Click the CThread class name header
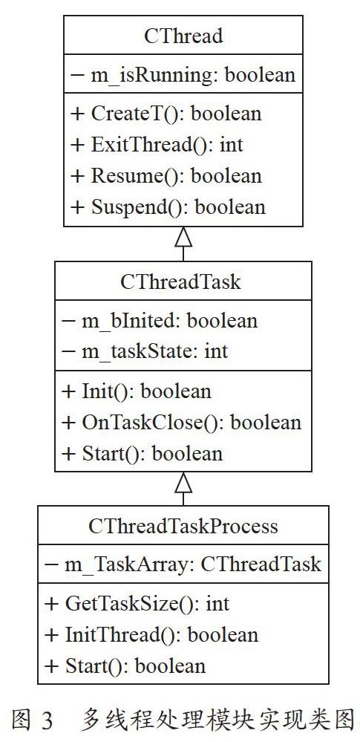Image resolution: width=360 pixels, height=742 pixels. click(183, 36)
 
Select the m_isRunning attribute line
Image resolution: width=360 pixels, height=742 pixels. click(183, 75)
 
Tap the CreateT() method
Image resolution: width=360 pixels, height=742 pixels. click(166, 114)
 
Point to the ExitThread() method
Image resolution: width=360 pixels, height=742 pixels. click(157, 145)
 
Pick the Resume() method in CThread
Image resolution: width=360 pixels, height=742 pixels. click(166, 176)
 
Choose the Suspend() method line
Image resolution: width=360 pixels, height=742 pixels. click(168, 207)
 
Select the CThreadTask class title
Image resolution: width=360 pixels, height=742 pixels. click(180, 281)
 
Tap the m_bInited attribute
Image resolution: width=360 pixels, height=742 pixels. click(160, 321)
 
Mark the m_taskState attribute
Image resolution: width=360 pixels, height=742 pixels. click(145, 351)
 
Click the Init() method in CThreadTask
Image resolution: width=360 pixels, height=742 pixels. click(137, 391)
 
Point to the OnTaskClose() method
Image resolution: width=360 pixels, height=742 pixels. click(181, 423)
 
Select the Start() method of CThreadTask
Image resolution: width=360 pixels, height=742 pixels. click(142, 453)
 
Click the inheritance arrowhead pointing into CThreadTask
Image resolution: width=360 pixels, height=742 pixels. click(183, 482)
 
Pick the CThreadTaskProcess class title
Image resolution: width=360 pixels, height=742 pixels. click(183, 526)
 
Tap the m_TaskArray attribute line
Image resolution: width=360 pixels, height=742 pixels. click(183, 564)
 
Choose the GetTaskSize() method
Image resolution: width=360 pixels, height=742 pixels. click(137, 604)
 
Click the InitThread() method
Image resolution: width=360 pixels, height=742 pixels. click(151, 635)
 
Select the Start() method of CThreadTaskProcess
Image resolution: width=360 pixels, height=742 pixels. click(125, 665)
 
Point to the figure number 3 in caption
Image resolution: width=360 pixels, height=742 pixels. click(47, 720)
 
